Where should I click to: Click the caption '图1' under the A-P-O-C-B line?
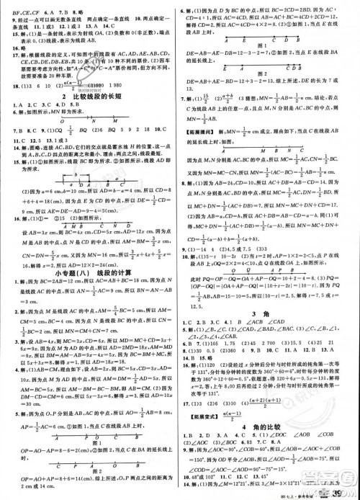tap(88, 437)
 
